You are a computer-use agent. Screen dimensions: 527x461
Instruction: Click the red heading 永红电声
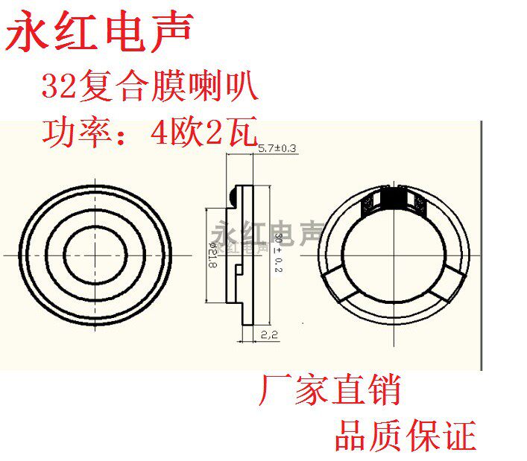(100, 32)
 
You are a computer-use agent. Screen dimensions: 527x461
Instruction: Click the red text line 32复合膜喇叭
(150, 88)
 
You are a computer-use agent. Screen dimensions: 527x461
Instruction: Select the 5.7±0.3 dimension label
(277, 149)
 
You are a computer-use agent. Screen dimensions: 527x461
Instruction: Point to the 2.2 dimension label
(269, 336)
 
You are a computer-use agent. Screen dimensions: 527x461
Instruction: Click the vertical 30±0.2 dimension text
(277, 252)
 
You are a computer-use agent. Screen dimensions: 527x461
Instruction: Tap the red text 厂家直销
(329, 390)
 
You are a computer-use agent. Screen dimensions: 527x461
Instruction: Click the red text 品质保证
(405, 435)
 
